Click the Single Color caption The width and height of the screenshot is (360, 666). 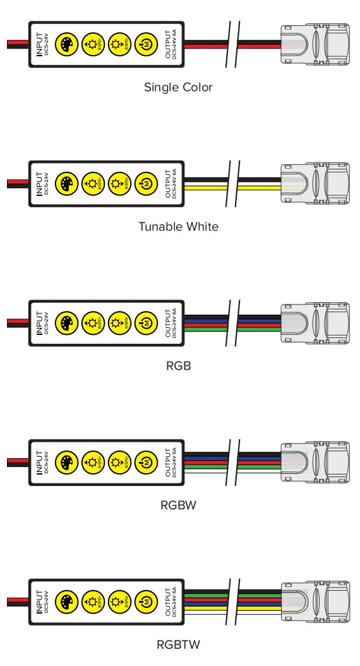pyautogui.click(x=178, y=87)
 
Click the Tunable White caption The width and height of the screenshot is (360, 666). pyautogui.click(x=178, y=226)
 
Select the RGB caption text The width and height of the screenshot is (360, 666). pyautogui.click(x=178, y=366)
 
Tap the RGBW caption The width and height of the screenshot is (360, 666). pyautogui.click(x=178, y=506)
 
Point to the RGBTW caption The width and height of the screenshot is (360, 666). pyautogui.click(x=178, y=645)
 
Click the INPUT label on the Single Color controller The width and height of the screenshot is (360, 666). pyautogui.click(x=40, y=44)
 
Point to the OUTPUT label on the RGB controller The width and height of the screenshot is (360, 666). pyautogui.click(x=169, y=323)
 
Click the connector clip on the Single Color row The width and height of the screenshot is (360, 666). pyautogui.click(x=314, y=44)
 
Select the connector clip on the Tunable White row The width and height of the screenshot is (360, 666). pyautogui.click(x=314, y=184)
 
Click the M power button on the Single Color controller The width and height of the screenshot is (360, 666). pyautogui.click(x=145, y=44)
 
